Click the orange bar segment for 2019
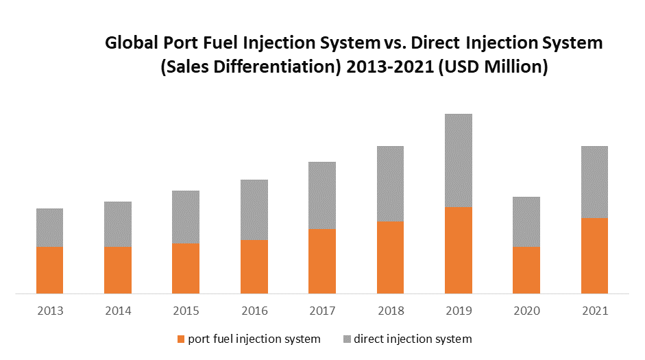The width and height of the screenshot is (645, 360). point(459,250)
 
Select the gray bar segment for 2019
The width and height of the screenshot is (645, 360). point(459,160)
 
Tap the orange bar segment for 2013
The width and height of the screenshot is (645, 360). point(49,269)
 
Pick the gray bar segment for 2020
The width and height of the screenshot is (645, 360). point(526,221)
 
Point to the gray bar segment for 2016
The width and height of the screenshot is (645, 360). point(254,209)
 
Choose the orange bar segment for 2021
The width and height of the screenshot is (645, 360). point(594,255)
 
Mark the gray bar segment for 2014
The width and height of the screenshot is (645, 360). point(118,224)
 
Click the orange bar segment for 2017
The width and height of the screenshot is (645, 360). point(322,261)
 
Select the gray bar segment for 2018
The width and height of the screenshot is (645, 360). point(390,184)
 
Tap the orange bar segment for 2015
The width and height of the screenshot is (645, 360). point(186,268)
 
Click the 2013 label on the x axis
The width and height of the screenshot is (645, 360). point(49,311)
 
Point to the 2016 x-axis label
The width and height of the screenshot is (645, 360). point(254,311)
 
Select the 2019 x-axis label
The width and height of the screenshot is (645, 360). point(459,311)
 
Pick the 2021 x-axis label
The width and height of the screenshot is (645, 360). point(594,311)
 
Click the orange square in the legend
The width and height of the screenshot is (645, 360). point(181,339)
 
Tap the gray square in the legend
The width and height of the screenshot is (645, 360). point(347,339)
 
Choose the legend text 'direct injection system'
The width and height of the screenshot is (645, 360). point(413,339)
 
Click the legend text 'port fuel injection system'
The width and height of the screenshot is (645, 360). point(254,339)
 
